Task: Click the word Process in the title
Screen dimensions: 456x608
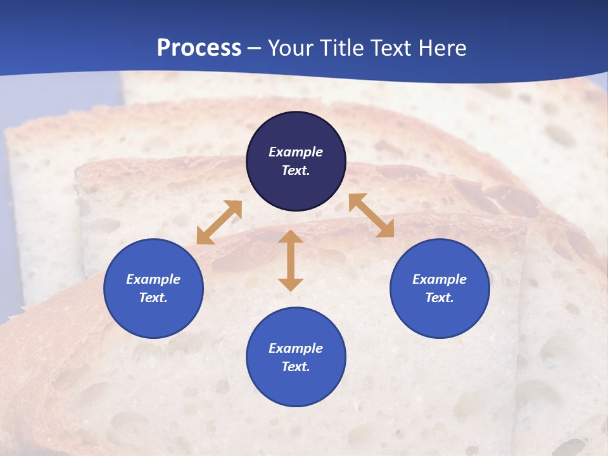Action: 199,48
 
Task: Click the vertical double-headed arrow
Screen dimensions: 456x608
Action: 291,260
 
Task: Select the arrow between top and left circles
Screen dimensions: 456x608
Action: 219,222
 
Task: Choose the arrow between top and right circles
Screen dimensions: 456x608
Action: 371,215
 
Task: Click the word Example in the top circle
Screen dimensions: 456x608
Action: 296,152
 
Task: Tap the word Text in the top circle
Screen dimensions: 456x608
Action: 296,170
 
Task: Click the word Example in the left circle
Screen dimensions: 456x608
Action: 153,279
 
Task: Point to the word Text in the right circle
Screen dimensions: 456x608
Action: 440,298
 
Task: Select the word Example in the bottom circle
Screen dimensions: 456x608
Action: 296,348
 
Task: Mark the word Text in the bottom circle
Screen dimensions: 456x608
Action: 296,367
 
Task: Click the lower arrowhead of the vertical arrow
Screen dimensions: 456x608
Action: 291,284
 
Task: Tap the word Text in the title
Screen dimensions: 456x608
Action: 391,48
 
